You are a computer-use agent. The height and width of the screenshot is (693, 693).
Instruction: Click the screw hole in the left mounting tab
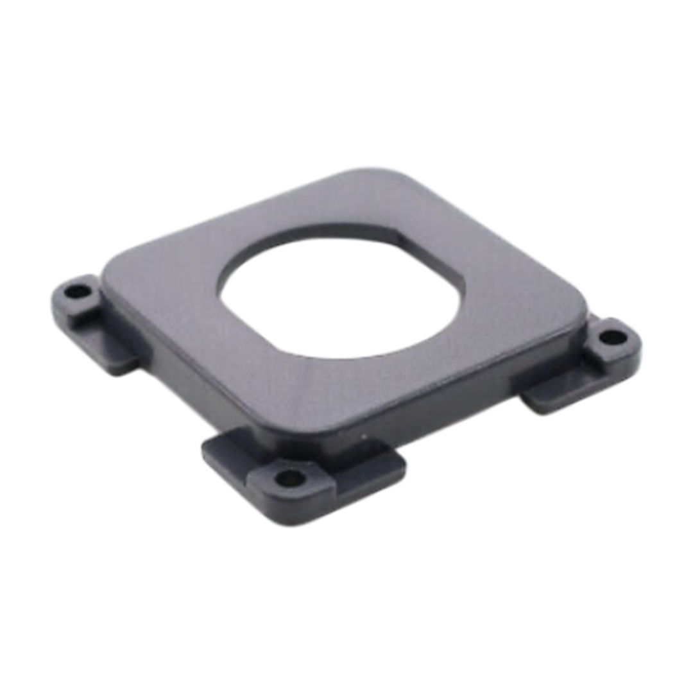point(76,292)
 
